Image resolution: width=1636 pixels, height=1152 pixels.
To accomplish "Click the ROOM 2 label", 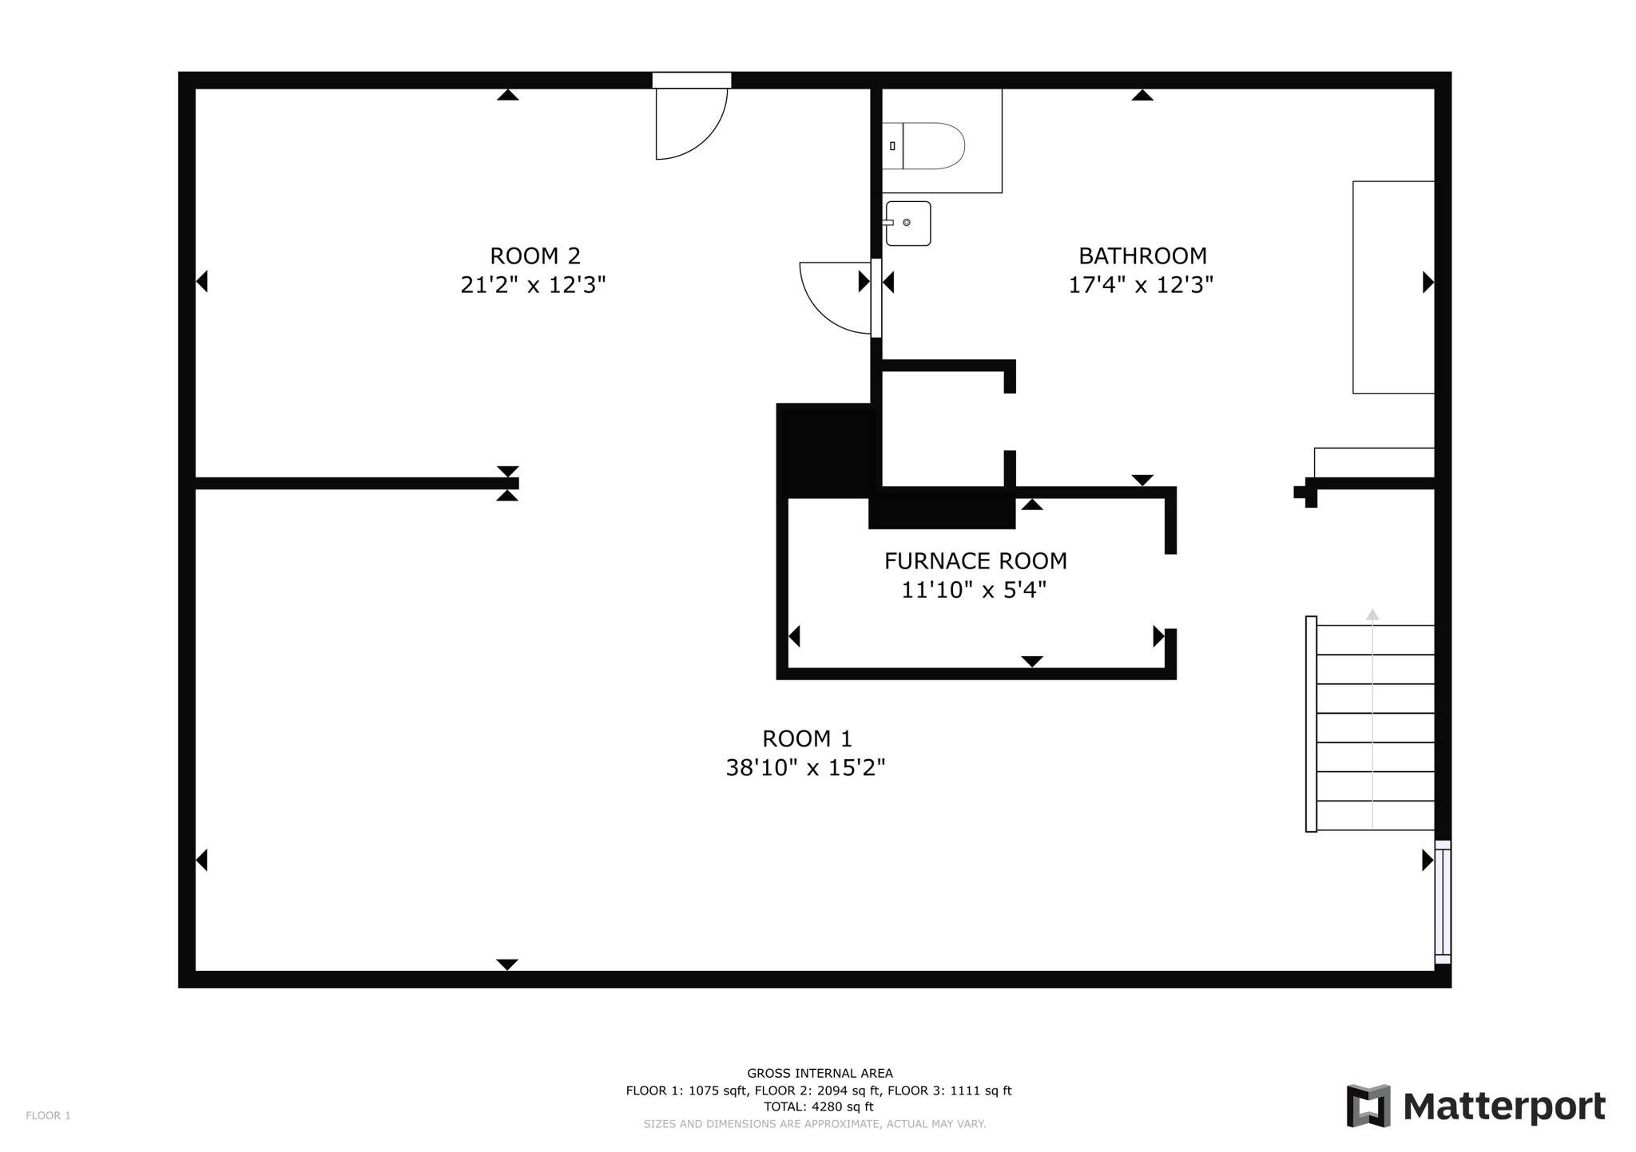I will pos(534,256).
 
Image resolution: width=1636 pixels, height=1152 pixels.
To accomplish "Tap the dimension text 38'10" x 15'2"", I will pos(805,768).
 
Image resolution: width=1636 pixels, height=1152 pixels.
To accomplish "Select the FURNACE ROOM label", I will pos(975,561).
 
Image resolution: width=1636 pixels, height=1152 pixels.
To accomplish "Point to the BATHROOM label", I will pos(1142,256).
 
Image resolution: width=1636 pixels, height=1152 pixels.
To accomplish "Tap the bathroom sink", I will pos(908,224).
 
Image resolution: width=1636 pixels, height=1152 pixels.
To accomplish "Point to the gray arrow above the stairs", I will pos(1372,614).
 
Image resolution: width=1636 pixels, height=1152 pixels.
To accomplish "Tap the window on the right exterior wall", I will pos(1442,902).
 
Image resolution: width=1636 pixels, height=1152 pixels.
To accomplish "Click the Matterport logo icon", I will pos(1368,1106).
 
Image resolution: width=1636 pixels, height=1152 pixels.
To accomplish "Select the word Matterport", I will pos(1503,1107).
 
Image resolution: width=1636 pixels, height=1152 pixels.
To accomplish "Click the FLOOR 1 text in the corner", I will pos(48,1115).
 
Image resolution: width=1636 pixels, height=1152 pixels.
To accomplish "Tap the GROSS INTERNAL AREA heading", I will pos(820,1074).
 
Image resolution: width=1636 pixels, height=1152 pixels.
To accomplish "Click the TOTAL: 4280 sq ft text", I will pos(818,1106).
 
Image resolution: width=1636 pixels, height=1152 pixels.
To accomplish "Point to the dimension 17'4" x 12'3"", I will pos(1141,285).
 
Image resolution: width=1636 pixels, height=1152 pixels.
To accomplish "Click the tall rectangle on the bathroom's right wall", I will pos(1392,287).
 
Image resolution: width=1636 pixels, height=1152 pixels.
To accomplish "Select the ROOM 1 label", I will pos(807,738).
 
